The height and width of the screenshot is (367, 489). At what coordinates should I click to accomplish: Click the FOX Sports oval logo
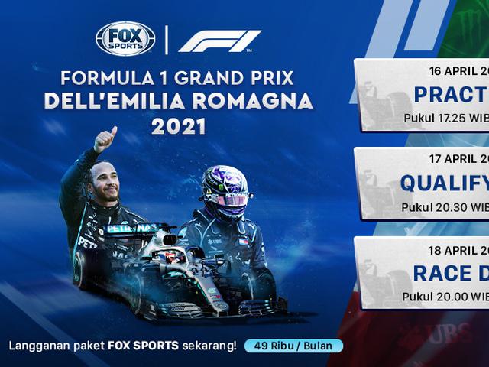(125, 39)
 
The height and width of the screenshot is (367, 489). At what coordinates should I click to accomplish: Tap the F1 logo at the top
(220, 41)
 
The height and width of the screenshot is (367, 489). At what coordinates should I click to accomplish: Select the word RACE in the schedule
(442, 272)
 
